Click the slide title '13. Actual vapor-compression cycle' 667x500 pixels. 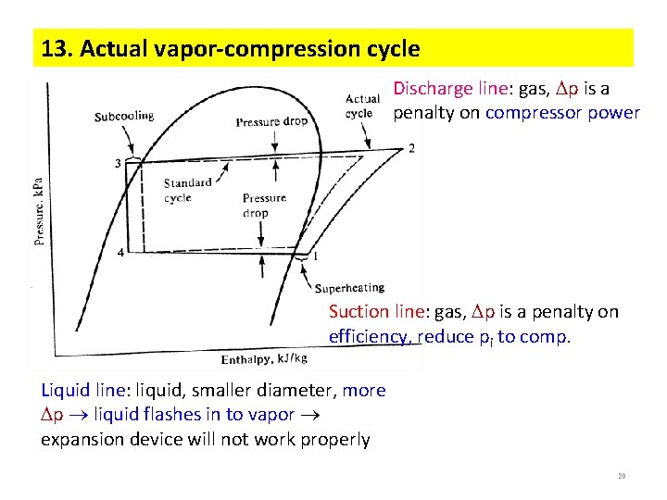point(227,49)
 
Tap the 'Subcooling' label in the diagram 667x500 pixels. point(123,117)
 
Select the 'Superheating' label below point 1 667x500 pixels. point(349,288)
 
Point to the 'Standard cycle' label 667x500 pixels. point(188,190)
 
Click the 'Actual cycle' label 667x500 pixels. point(362,106)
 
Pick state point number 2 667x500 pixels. point(411,148)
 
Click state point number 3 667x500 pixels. point(118,164)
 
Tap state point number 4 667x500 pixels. point(121,252)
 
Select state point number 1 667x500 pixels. point(317,256)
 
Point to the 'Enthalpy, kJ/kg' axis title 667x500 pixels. point(264,358)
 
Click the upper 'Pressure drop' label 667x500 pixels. point(271,122)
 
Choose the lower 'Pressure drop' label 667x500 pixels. point(264,206)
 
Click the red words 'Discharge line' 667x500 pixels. point(450,89)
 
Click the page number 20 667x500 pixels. point(622,476)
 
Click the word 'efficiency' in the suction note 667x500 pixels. point(370,336)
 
